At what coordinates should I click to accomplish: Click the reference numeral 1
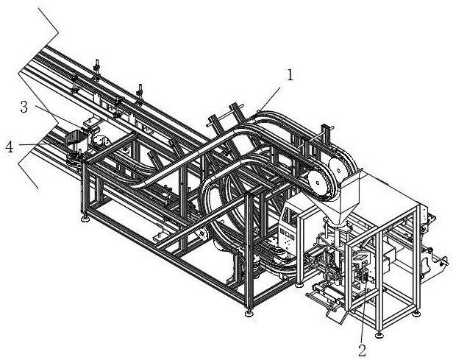(x=290, y=75)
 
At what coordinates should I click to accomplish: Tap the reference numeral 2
(x=362, y=350)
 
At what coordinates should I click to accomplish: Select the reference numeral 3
(x=24, y=107)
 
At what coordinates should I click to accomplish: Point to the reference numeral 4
(x=10, y=147)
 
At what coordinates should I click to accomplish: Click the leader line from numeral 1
(x=268, y=99)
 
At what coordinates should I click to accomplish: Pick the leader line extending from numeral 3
(x=60, y=116)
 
